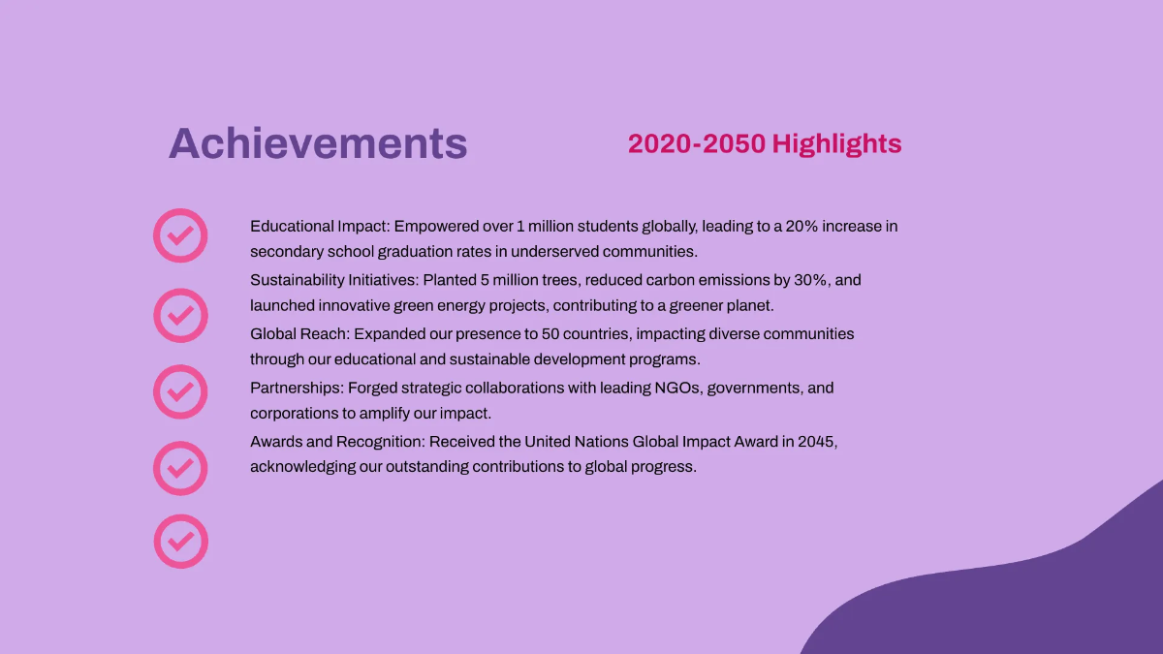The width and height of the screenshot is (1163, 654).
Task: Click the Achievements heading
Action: [x=318, y=143]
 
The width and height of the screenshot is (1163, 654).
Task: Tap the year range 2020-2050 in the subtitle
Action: [x=697, y=144]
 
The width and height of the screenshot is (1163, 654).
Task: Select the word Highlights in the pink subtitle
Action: [x=836, y=144]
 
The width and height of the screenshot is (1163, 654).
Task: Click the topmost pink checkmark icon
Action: [x=180, y=235]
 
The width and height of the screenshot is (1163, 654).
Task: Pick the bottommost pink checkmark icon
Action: [x=180, y=541]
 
